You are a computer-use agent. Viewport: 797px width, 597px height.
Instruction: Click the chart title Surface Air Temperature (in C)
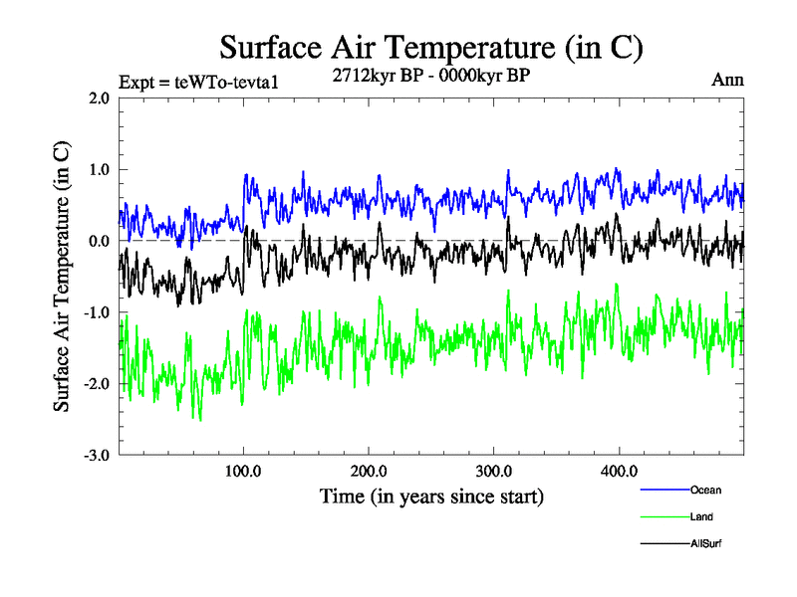click(x=430, y=47)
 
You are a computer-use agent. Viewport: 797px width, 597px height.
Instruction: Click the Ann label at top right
click(x=727, y=80)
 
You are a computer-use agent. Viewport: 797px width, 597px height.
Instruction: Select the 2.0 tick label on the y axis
click(x=99, y=99)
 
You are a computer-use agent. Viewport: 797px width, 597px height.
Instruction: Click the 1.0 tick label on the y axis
click(x=99, y=169)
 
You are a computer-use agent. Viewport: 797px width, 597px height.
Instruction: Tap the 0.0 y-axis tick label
click(x=99, y=241)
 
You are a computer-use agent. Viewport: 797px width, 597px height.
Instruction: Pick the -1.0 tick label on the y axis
click(x=97, y=312)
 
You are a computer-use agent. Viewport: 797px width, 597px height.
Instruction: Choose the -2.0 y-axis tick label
click(x=97, y=384)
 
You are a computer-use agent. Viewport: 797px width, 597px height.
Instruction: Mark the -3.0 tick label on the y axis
click(x=97, y=456)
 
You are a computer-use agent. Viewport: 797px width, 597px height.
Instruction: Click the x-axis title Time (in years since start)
click(x=431, y=496)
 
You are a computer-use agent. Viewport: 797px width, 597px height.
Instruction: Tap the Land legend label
click(x=701, y=516)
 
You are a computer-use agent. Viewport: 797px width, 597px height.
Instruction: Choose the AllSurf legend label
click(x=705, y=544)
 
